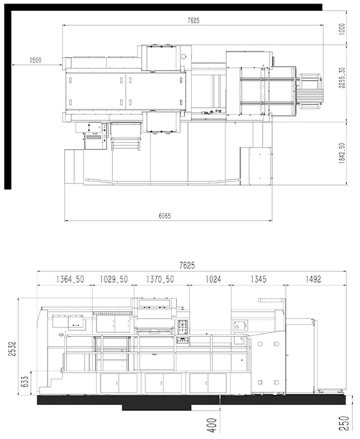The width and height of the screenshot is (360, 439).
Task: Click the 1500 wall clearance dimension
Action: (35, 60)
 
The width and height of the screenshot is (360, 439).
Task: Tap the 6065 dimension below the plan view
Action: (165, 216)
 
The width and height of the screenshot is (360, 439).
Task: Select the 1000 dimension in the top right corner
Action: (342, 29)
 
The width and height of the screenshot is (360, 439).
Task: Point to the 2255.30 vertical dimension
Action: (342, 78)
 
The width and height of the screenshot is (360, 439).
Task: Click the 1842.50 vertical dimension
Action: (342, 153)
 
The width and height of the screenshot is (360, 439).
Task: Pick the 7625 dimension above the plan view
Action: (194, 20)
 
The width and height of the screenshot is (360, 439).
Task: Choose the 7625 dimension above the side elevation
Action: (187, 265)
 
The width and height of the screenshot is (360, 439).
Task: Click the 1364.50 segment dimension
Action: (70, 279)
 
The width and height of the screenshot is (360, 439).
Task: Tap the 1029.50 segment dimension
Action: (114, 279)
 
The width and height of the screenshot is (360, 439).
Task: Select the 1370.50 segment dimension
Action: (160, 279)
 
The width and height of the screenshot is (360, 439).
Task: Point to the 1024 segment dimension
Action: (213, 279)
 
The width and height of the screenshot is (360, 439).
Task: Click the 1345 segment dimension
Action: (258, 279)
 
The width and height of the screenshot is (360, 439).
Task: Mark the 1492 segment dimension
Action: (313, 279)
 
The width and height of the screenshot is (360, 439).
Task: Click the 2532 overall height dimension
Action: (12, 348)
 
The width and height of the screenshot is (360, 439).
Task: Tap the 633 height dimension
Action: (25, 381)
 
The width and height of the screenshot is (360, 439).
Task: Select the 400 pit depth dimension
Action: (213, 425)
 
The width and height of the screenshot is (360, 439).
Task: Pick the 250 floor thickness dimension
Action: (346, 423)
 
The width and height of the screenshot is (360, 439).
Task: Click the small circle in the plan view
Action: (184, 57)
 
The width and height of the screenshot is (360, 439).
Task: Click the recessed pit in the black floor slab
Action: (157, 407)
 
